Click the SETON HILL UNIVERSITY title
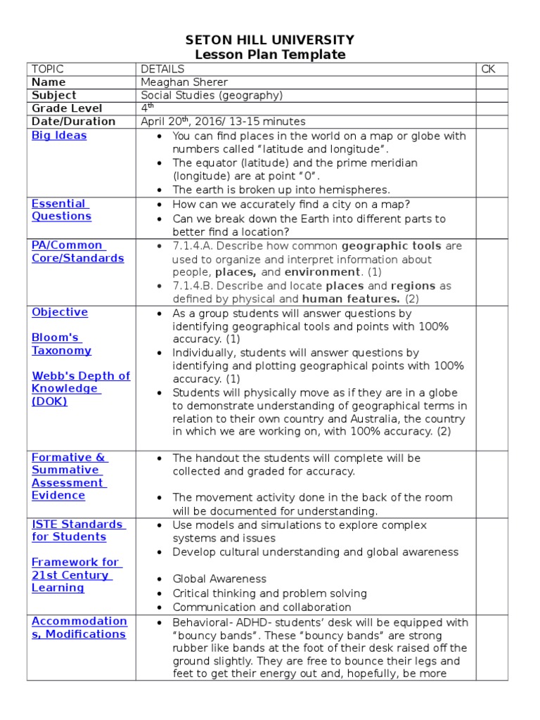[270, 40]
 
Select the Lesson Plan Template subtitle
[270, 55]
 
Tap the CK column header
[488, 69]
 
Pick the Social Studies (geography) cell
[212, 95]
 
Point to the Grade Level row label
[67, 108]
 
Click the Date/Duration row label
[73, 121]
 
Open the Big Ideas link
[59, 135]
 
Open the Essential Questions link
[61, 210]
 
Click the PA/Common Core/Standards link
[77, 252]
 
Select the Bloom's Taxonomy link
[61, 344]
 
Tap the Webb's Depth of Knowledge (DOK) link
[80, 388]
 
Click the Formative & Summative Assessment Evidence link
[69, 476]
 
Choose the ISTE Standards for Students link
[78, 530]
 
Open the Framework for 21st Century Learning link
[75, 574]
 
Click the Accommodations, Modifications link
[79, 627]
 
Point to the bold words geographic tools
[392, 246]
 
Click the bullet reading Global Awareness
[219, 579]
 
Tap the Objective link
[60, 311]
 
